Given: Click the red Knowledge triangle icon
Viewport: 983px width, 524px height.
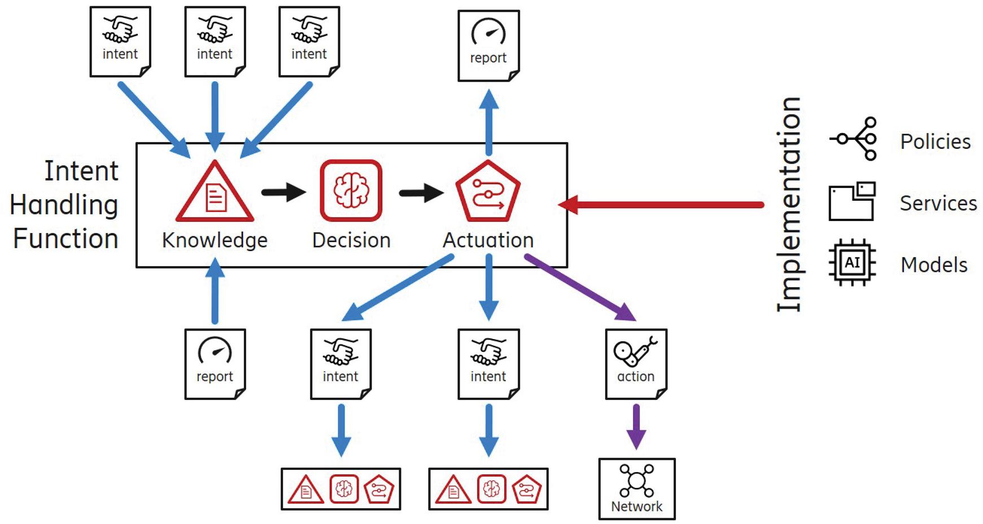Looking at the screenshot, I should click(215, 193).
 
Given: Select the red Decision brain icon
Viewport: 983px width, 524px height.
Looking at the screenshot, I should click(351, 191).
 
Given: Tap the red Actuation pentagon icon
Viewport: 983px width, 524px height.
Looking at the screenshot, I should click(488, 192).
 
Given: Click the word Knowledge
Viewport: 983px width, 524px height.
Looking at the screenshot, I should click(215, 240).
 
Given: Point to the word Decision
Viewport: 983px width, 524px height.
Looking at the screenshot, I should click(351, 240).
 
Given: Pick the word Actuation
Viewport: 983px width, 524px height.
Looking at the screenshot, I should click(488, 240).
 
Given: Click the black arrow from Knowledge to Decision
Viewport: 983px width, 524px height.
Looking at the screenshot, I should click(283, 192).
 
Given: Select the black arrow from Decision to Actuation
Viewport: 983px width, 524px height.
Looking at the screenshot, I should click(421, 193).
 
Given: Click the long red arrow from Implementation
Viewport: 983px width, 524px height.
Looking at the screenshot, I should click(661, 204).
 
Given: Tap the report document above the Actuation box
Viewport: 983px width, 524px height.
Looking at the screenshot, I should click(488, 46).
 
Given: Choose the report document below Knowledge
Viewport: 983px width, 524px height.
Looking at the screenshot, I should click(215, 364).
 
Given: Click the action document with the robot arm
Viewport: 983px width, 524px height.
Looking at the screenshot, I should click(636, 364).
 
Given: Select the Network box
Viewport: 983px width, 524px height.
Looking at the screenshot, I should click(637, 488).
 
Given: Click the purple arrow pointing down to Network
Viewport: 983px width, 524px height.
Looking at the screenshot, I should click(636, 427).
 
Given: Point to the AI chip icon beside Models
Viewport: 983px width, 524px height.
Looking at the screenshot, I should click(852, 263).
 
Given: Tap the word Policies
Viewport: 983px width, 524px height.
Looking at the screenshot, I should click(935, 142).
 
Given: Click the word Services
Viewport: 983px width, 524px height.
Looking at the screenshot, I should click(938, 203).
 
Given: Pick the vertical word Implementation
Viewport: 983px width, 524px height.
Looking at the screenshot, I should click(789, 204).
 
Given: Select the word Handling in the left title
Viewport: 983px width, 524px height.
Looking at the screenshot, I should click(64, 205).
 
